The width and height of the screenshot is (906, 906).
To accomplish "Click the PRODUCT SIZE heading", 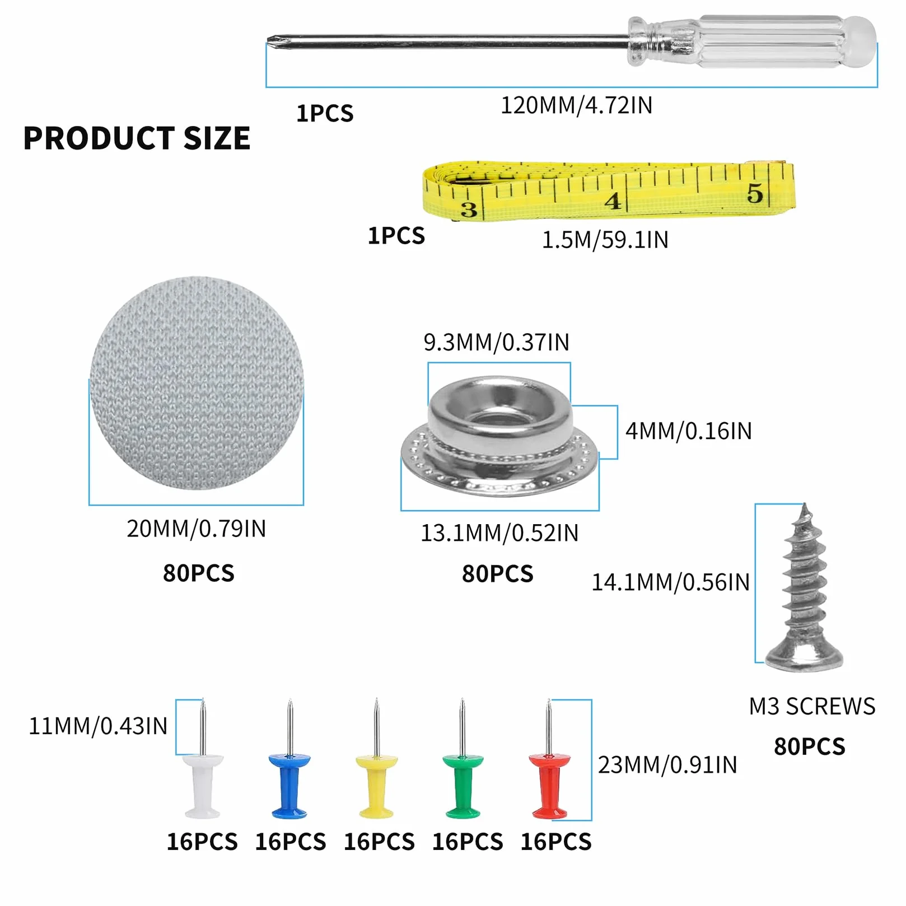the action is coord(137,138).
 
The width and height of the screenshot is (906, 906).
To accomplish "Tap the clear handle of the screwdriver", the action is coord(751,41).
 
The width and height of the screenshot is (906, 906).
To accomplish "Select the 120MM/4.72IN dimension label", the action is coord(576,105).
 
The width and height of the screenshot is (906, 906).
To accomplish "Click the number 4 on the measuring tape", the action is coord(613,200).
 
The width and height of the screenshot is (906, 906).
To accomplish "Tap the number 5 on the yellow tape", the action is coord(755,193).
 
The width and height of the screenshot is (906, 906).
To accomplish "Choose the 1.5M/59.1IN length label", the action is coord(605,240).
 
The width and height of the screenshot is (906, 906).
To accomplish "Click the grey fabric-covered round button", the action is coord(197,383).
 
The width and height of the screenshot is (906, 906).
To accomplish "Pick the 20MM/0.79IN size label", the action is coord(196,529).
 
